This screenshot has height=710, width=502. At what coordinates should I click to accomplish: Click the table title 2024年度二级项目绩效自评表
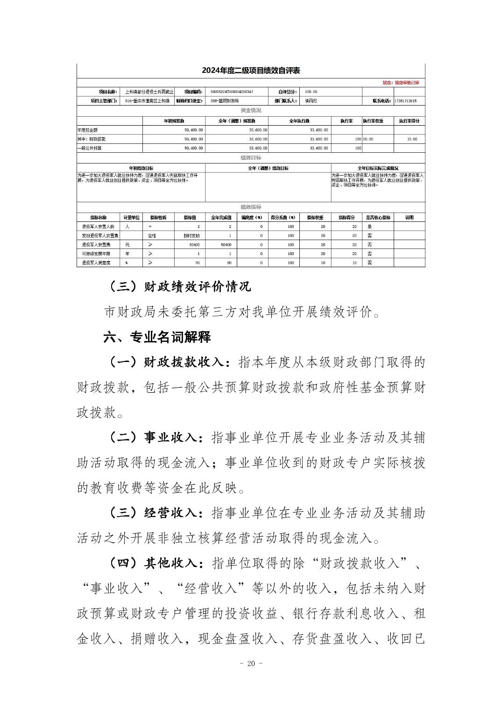pyautogui.click(x=251, y=71)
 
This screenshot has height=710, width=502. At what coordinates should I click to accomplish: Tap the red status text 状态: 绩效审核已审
pyautogui.click(x=401, y=83)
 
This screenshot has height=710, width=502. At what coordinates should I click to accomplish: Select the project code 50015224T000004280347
pyautogui.click(x=232, y=92)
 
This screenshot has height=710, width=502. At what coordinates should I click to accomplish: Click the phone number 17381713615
pyautogui.click(x=405, y=101)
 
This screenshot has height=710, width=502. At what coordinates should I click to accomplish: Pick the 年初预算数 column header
pyautogui.click(x=174, y=121)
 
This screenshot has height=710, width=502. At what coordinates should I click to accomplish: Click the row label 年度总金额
pyautogui.click(x=88, y=130)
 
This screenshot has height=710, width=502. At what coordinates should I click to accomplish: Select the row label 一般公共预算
pyautogui.click(x=90, y=148)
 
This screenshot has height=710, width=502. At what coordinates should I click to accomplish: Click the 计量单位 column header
pyautogui.click(x=131, y=218)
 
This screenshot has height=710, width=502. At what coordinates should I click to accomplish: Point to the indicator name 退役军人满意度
pyautogui.click(x=96, y=263)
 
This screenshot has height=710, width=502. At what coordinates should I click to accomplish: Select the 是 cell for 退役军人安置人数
pyautogui.click(x=369, y=227)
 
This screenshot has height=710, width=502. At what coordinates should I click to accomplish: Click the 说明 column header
pyautogui.click(x=409, y=218)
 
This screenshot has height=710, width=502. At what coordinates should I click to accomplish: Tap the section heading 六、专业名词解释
pyautogui.click(x=157, y=337)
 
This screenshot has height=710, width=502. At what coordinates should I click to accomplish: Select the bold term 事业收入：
pyautogui.click(x=174, y=438)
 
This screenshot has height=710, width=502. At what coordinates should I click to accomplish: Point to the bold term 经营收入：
pyautogui.click(x=174, y=513)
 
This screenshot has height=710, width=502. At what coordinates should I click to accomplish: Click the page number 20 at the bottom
pyautogui.click(x=251, y=664)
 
